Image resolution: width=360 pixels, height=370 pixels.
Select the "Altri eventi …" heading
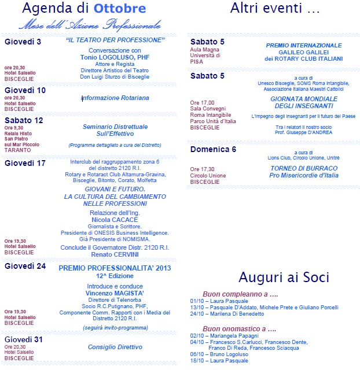275,9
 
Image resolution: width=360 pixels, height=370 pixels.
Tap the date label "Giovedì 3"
23,42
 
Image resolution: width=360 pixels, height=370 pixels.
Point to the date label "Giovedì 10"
25,90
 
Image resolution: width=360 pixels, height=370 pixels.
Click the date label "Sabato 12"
24,120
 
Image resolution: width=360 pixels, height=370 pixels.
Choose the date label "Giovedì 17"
25,163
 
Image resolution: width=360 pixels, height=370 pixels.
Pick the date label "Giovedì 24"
25,267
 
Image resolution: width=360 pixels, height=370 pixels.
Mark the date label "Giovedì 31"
25,339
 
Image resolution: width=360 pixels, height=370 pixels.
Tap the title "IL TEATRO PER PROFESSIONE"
115,40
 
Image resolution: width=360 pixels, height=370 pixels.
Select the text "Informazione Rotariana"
115,98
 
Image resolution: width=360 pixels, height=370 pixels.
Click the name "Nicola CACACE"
115,220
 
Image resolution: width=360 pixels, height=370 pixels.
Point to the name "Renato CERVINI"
115,254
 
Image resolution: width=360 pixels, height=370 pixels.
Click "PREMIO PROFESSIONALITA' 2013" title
115,268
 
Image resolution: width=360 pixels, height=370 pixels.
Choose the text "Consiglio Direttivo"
115,347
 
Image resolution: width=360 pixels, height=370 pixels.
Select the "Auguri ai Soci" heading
275,276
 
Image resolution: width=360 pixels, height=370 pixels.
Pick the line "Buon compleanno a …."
240,294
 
